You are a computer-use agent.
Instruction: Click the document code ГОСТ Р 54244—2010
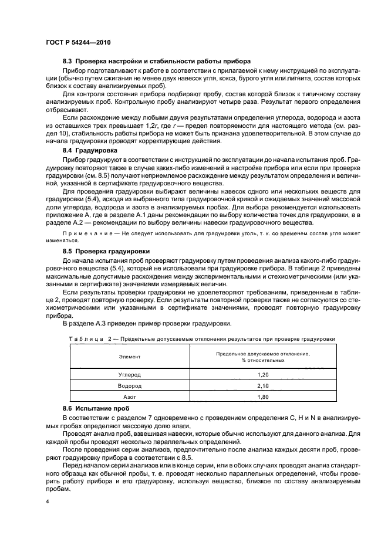pyautogui.click(x=78, y=43)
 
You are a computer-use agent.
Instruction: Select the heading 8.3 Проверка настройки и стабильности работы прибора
pyautogui.click(x=156, y=61)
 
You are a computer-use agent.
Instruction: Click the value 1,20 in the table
pyautogui.click(x=262, y=373)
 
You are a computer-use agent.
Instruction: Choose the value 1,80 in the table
pyautogui.click(x=262, y=397)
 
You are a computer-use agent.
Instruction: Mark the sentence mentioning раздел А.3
pyautogui.click(x=148, y=324)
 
